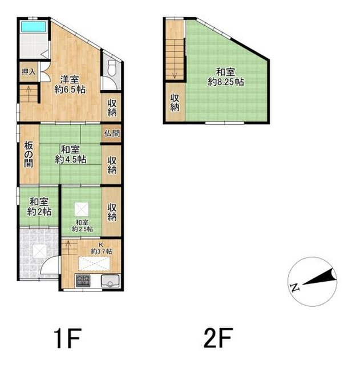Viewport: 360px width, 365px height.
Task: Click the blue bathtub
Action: point(34,27)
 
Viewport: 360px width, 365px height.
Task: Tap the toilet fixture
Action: point(112,68)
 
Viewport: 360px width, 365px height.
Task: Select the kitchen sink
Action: point(110,281)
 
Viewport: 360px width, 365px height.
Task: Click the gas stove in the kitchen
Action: point(83,281)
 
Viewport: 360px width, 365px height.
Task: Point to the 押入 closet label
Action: point(29,72)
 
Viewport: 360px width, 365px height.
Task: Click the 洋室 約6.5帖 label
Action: point(70,84)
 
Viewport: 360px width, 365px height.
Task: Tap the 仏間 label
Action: point(112,133)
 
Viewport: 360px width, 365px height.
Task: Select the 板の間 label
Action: point(29,155)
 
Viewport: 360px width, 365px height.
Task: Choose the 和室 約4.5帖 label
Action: point(70,155)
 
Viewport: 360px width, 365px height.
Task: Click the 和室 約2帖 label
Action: point(39,206)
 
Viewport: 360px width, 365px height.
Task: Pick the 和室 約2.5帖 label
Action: point(82,226)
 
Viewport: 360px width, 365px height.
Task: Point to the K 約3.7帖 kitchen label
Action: point(102,248)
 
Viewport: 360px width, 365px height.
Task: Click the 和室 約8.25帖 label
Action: point(225,77)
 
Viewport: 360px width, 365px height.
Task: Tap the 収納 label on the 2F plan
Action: point(175,103)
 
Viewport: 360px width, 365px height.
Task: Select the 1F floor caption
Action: point(67,338)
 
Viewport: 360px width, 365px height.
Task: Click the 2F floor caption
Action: point(218,338)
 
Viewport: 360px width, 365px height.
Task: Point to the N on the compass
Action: point(295,287)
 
